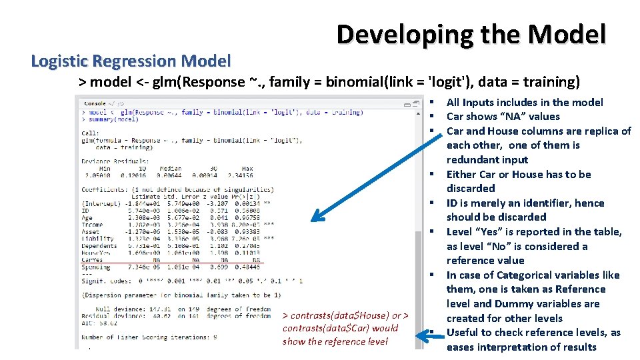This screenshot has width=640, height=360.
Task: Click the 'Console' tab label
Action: tap(95, 103)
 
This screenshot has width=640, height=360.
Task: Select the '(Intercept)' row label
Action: tap(99, 203)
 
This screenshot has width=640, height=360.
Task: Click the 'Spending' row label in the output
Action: tap(96, 267)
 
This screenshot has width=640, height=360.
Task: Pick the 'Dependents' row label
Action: tap(99, 247)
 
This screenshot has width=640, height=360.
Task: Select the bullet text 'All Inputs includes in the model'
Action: tap(525, 102)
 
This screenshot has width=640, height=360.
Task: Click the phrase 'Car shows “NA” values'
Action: tap(503, 117)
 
